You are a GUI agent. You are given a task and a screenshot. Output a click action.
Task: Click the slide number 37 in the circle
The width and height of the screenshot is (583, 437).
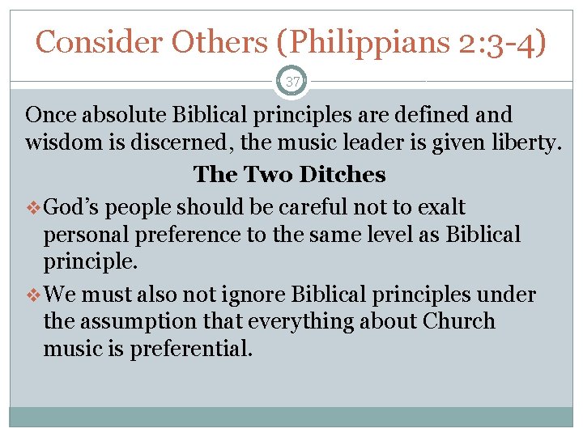click(x=291, y=82)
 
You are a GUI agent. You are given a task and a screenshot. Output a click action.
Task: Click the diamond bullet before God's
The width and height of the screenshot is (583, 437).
click(x=33, y=207)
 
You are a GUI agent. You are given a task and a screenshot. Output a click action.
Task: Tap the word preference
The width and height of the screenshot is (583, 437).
click(x=174, y=236)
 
